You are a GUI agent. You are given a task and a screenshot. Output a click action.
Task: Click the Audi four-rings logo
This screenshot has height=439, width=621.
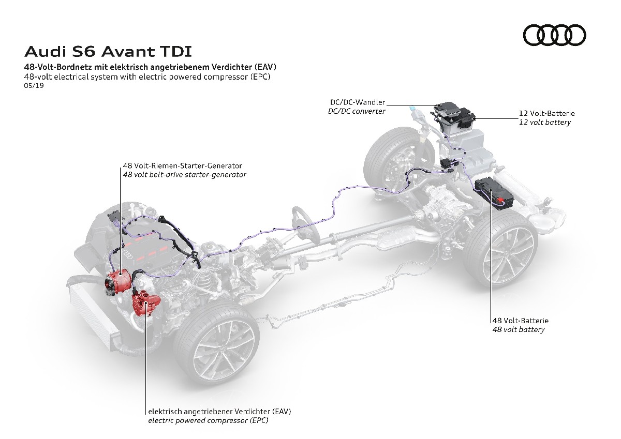554,35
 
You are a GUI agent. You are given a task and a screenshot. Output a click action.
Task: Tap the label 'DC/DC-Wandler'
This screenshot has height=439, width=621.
358,103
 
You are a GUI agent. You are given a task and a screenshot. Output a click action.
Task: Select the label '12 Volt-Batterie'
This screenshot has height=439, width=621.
546,113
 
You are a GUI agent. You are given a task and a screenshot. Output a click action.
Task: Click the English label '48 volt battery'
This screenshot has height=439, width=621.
518,329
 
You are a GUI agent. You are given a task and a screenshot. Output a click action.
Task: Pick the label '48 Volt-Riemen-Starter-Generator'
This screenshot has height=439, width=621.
182,166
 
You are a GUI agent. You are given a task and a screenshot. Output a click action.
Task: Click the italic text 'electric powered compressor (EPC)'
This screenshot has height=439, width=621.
208,420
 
